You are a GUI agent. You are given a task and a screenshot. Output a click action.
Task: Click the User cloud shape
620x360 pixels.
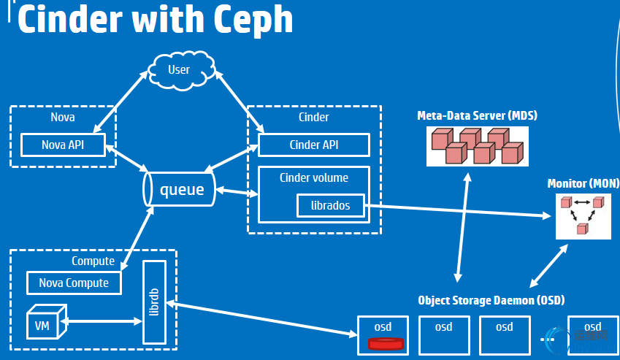178,70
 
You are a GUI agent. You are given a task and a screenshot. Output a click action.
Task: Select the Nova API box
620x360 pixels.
63,145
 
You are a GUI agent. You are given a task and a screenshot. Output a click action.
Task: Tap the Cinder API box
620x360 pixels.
314,145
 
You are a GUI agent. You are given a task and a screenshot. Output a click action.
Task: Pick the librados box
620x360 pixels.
330,206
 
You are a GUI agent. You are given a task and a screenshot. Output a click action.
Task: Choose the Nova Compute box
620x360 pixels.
74,283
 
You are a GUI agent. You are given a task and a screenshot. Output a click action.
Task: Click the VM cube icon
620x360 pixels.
41,323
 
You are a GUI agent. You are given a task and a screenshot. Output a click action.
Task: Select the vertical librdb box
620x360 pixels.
154,302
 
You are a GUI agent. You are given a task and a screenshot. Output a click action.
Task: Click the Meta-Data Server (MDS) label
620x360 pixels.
477,115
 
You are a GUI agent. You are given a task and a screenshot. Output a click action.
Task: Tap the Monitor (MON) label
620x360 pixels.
583,183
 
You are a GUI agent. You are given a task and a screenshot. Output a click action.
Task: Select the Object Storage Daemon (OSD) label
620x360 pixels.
491,300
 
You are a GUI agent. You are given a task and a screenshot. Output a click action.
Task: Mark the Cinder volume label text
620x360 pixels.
314,177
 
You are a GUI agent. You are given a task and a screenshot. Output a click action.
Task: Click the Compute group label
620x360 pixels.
93,261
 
